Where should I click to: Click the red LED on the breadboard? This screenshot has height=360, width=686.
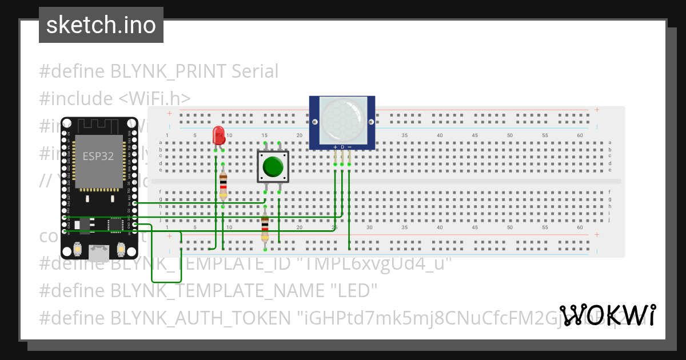pos(218,135)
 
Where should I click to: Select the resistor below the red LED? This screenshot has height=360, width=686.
pos(223,184)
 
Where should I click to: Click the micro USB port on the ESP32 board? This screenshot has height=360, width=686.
pos(98,252)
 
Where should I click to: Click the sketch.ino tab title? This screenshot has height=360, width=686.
pos(101,25)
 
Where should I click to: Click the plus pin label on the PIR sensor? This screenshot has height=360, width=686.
pos(335,147)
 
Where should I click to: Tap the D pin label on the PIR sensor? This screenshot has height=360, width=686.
pos(342,147)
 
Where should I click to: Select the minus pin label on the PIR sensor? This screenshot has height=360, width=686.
pos(349,147)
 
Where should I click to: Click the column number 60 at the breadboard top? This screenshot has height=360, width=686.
pos(580,135)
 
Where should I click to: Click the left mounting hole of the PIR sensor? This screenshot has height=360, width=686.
pos(314,122)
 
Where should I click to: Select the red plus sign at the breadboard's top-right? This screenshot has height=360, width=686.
pos(596,110)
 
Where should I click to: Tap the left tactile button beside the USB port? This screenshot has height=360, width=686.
pos(77,249)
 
